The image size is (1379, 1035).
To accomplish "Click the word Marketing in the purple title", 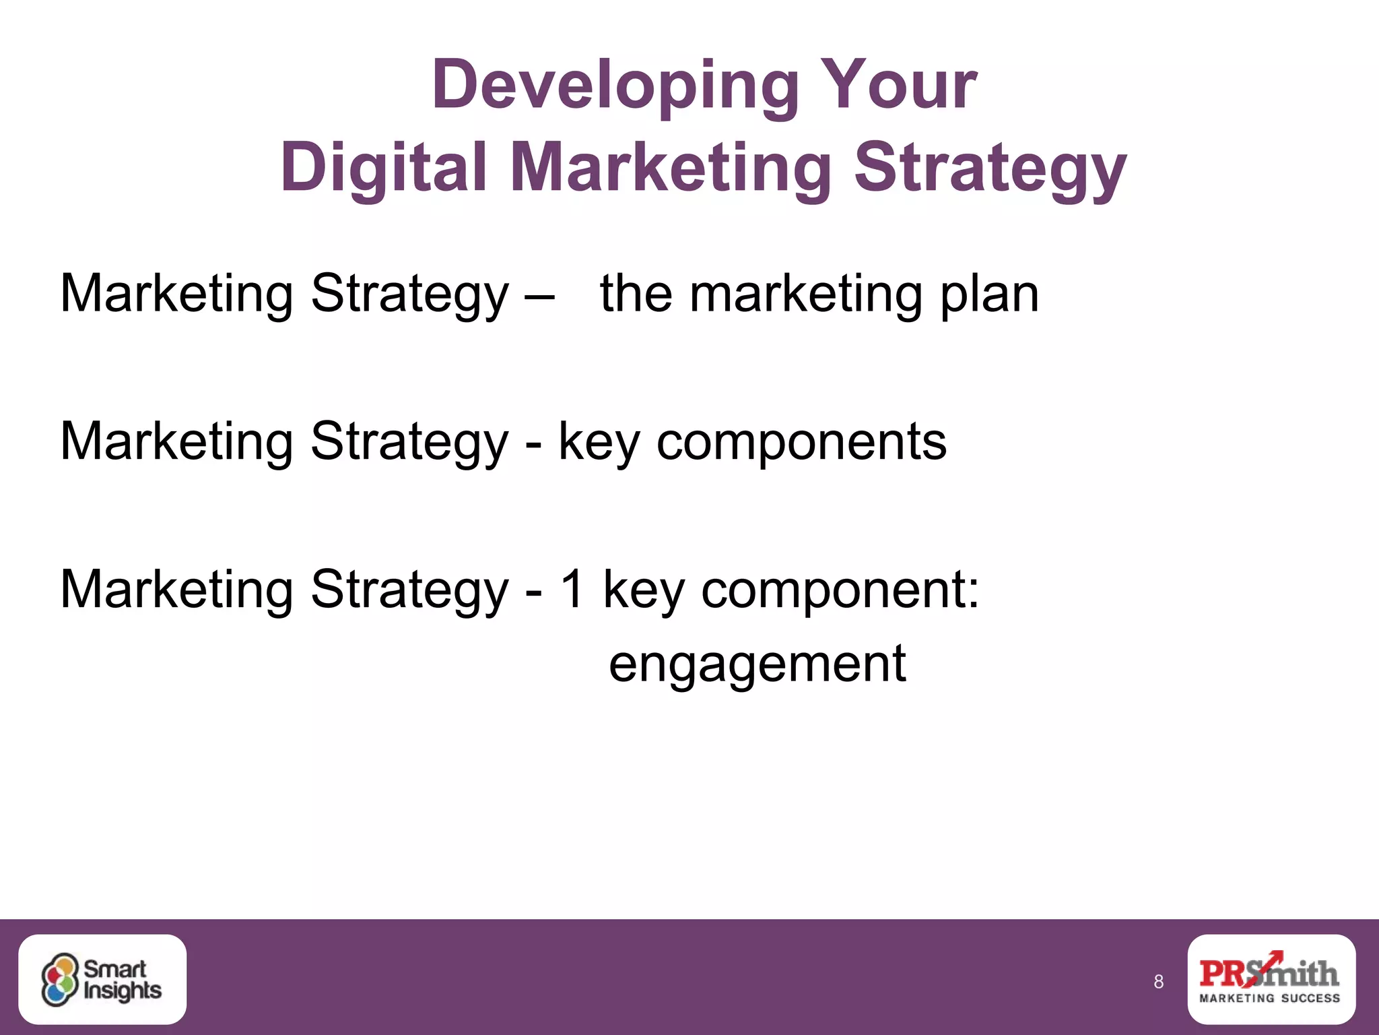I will [671, 168].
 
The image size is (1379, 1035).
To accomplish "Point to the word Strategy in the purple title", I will [990, 168].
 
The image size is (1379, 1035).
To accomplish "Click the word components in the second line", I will [801, 443].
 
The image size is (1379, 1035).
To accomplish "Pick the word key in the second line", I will [599, 443].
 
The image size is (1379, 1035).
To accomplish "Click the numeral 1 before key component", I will [572, 589].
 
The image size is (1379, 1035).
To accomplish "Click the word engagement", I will [757, 664].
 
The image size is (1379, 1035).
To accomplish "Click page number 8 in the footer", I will [1158, 982].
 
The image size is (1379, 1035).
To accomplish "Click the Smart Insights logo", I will [102, 979].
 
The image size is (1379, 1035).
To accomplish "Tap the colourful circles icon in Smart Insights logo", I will [60, 980].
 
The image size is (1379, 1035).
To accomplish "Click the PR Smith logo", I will [1271, 979].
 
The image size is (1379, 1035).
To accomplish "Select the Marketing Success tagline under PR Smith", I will [1270, 998].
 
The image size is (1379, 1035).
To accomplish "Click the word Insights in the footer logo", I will [123, 991].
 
